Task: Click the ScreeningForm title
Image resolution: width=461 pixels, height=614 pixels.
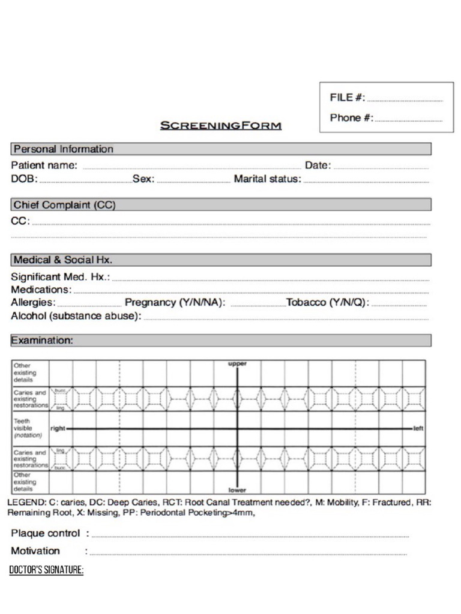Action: (220, 126)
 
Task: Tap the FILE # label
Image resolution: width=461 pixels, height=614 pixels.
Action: (347, 98)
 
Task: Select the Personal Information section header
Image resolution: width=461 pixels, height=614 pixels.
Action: (63, 149)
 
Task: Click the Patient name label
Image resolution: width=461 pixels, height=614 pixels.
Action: (44, 165)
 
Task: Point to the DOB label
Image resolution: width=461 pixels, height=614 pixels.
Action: (24, 179)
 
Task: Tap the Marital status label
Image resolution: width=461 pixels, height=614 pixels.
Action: (267, 179)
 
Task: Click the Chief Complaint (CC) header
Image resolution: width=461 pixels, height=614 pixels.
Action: (64, 205)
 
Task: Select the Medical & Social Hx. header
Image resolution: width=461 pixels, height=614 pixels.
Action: (63, 260)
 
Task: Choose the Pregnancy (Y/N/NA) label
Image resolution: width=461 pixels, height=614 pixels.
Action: (175, 303)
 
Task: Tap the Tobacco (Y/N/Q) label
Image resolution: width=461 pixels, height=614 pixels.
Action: (328, 303)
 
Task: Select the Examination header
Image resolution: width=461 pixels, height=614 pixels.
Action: (42, 341)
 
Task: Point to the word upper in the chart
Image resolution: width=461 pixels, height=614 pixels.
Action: (237, 364)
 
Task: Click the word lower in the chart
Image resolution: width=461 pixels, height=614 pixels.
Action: (237, 490)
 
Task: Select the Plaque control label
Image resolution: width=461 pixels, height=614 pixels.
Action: (46, 533)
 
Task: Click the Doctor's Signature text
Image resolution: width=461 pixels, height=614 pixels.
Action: (46, 570)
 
